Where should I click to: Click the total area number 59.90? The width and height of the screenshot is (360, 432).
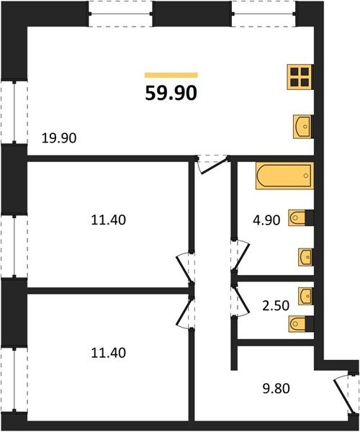tap(171, 93)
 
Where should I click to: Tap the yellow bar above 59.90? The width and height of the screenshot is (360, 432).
tap(171, 75)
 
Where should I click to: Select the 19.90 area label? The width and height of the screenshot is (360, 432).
tap(59, 138)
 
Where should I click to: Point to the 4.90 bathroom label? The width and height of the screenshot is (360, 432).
tap(266, 220)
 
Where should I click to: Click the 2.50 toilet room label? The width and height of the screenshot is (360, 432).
tap(276, 305)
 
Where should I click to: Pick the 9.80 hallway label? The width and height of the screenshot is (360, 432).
tap(276, 389)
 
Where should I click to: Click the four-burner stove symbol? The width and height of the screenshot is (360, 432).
tap(300, 77)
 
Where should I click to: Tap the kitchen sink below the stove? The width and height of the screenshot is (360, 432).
tap(302, 127)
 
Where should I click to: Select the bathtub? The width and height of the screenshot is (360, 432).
tap(284, 176)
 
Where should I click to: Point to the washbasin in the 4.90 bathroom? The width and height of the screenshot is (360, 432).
tap(305, 257)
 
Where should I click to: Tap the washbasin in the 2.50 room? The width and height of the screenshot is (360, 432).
tap(305, 296)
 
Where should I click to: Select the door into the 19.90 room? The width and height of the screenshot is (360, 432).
tap(212, 164)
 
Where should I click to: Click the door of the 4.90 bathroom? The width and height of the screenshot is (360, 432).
tap(240, 255)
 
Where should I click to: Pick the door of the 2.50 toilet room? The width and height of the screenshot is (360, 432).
tap(240, 301)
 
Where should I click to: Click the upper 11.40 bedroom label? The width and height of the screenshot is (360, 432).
tap(108, 220)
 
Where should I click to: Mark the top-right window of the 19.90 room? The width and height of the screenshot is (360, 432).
tap(264, 14)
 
